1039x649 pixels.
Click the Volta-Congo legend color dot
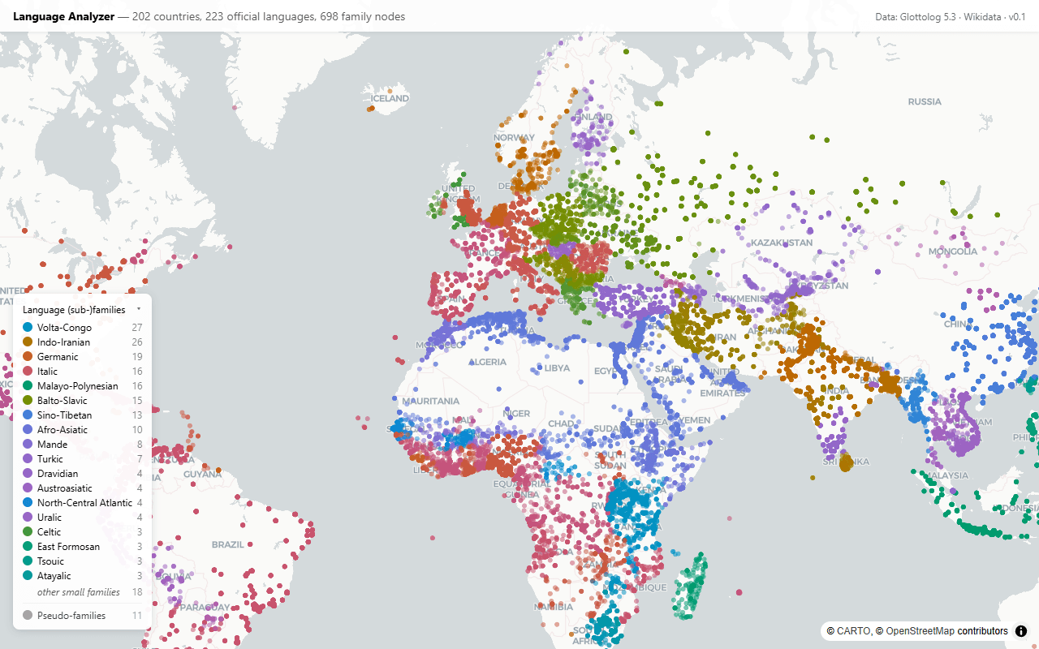coord(28,328)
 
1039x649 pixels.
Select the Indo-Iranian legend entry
coord(63,342)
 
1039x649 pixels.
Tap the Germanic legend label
coord(58,357)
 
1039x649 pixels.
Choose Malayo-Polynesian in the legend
coord(77,386)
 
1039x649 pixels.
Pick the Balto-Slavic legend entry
coord(62,401)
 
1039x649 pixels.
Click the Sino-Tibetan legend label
coord(64,415)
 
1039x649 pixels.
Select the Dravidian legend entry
coord(58,474)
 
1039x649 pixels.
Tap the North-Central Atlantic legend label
coord(84,503)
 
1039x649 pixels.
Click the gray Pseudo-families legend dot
coord(28,616)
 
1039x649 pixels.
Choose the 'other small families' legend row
coord(78,592)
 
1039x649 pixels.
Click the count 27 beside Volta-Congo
coord(137,328)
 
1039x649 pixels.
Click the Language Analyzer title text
coord(63,16)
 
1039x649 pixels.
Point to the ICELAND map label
coord(390,98)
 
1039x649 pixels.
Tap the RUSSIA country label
coord(925,101)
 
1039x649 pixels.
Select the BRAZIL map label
coord(228,544)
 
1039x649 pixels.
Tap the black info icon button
coord(1021,630)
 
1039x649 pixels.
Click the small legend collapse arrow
coord(139,309)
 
